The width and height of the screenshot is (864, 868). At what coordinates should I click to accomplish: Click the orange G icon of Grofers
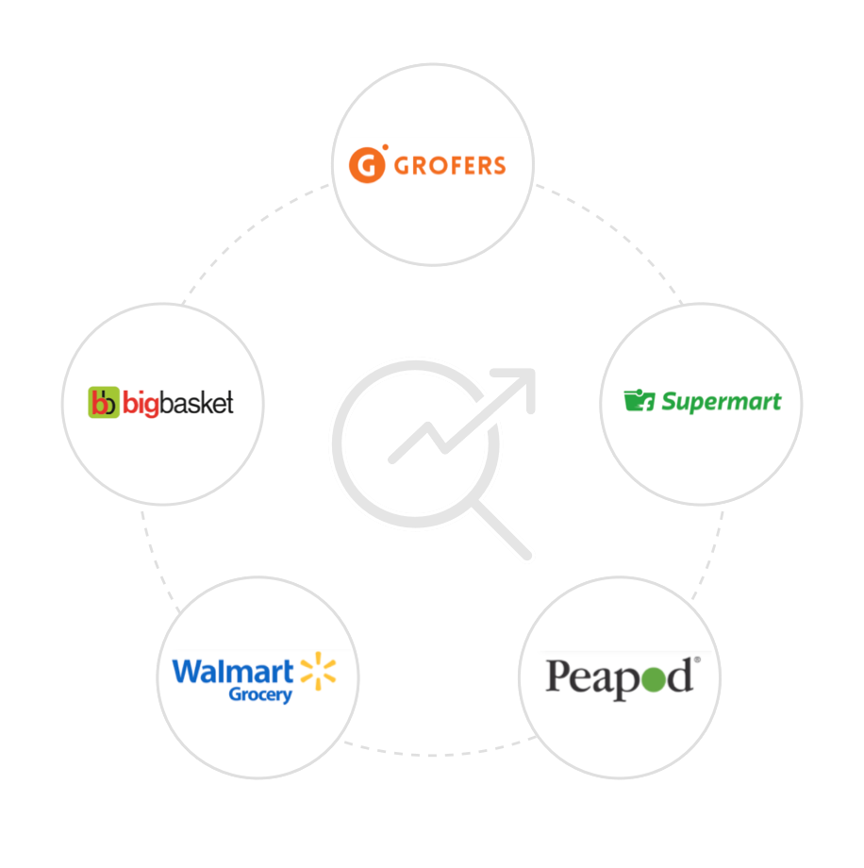click(368, 164)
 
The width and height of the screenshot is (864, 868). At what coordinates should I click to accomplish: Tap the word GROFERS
click(450, 165)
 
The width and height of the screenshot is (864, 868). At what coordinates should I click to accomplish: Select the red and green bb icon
click(103, 403)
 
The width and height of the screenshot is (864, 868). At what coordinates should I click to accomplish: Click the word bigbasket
click(177, 403)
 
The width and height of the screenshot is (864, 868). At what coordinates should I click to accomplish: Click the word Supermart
click(721, 402)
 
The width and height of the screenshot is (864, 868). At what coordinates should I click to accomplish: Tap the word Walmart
click(233, 672)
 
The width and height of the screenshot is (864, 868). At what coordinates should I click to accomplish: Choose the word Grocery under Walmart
click(260, 695)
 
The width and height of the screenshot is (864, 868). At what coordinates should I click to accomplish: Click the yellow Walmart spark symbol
click(317, 673)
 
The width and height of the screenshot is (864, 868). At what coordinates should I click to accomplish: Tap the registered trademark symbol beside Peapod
click(697, 661)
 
